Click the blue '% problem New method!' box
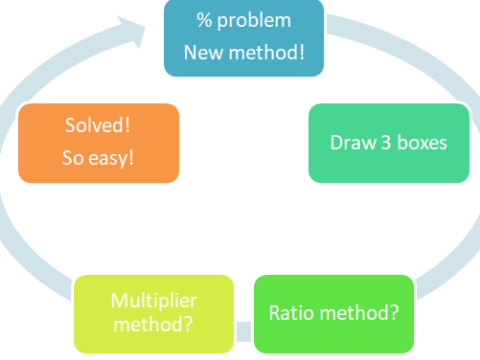point(243,36)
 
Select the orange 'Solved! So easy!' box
point(99,142)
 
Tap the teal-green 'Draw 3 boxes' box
point(388,143)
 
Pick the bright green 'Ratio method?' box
point(333,313)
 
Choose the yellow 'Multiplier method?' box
point(153,313)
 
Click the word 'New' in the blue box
point(201,51)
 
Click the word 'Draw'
point(351,144)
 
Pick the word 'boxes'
point(422,144)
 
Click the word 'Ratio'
point(290,313)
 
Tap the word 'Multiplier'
point(153,301)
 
